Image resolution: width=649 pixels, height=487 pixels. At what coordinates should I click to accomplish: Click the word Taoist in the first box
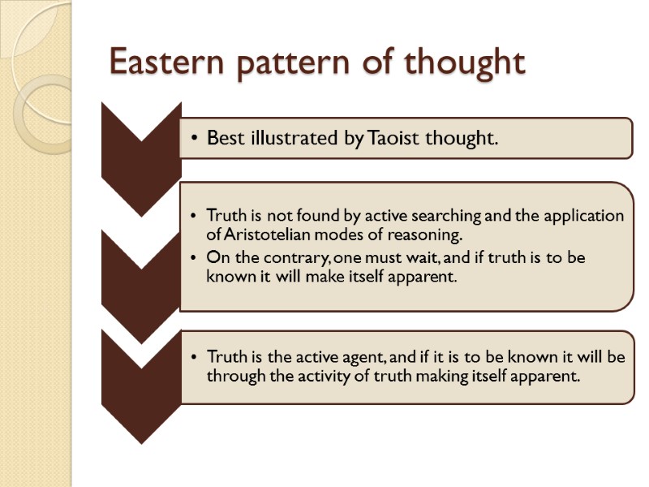395,138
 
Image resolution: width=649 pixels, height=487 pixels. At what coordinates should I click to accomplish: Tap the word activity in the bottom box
311,376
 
